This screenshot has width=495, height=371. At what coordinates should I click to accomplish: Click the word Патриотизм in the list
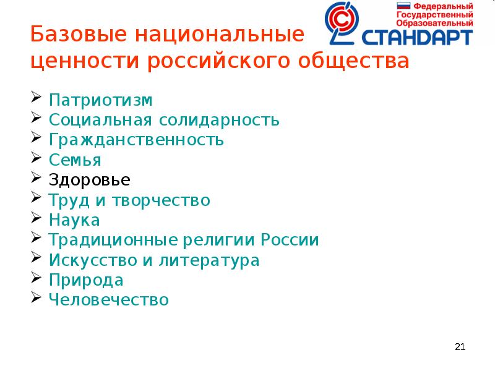(101, 100)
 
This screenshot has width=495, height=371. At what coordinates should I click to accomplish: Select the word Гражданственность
(137, 140)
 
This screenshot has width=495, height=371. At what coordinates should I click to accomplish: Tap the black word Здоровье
(90, 181)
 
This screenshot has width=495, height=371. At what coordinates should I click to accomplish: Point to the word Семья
(75, 160)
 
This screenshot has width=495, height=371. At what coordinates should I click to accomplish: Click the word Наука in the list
(75, 220)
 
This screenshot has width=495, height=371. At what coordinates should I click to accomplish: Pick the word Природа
(87, 280)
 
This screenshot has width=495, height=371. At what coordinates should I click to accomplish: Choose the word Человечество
(110, 301)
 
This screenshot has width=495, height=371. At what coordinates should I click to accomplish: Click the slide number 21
(459, 347)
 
